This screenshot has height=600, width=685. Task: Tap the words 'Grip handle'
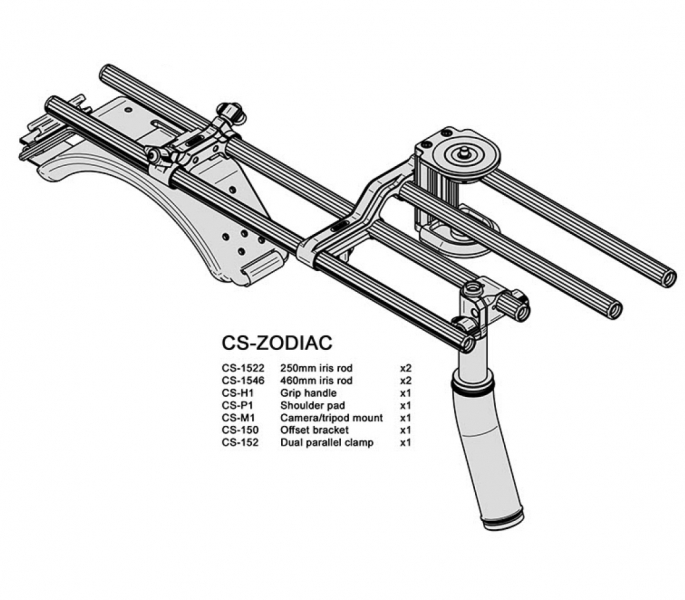[308, 393]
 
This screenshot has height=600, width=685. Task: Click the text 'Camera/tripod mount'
[330, 417]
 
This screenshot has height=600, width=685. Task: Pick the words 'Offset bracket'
[314, 429]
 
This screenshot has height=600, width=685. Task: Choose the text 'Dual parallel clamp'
[327, 441]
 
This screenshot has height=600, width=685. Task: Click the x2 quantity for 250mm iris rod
[406, 368]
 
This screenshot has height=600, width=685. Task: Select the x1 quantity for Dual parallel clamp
[406, 441]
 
